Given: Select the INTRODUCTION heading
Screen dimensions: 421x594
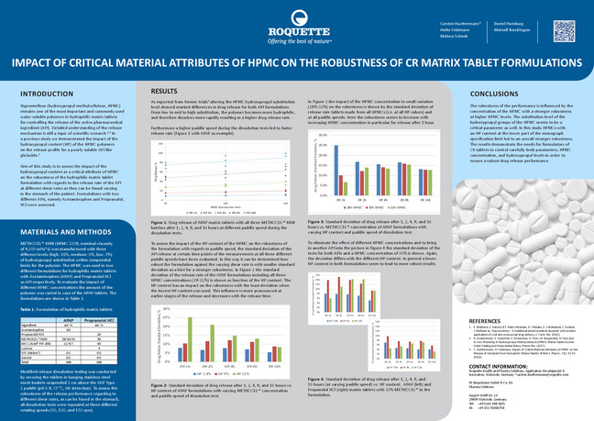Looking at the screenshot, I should (48, 94).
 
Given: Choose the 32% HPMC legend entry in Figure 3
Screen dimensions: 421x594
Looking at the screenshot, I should (395, 207).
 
